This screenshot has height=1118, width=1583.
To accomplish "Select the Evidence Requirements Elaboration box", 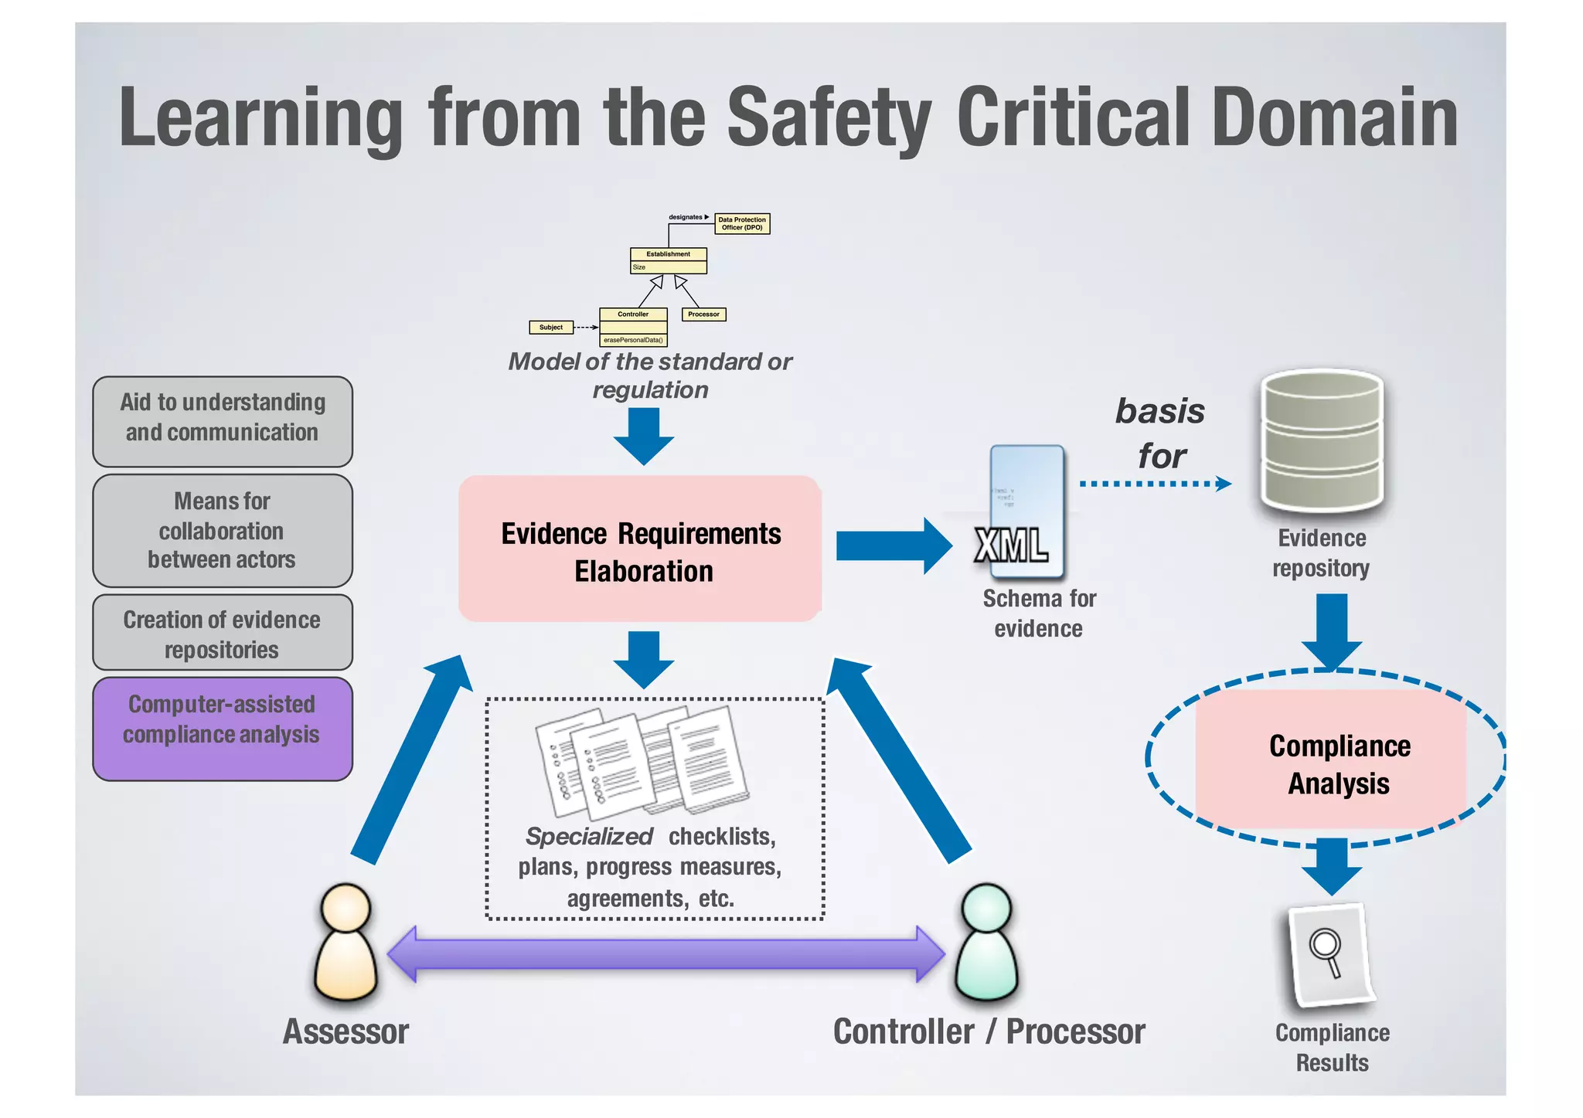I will pyautogui.click(x=640, y=549).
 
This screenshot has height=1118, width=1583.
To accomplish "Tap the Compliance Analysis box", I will pyautogui.click(x=1331, y=760).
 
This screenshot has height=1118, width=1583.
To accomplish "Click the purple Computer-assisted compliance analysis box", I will pyautogui.click(x=223, y=729).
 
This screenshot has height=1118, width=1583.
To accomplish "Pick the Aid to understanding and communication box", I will pyautogui.click(x=223, y=421).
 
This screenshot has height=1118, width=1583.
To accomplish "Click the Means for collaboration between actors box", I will pyautogui.click(x=223, y=531).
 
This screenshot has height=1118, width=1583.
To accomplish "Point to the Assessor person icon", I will pyautogui.click(x=346, y=942).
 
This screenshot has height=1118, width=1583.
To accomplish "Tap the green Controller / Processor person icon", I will pyautogui.click(x=986, y=942).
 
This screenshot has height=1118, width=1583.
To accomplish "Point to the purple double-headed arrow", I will pyautogui.click(x=666, y=954).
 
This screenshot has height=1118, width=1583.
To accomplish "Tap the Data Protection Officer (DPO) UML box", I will pyautogui.click(x=742, y=224).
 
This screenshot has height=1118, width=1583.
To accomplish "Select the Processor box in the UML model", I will pyautogui.click(x=703, y=314).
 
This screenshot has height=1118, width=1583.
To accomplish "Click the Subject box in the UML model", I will pyautogui.click(x=551, y=328).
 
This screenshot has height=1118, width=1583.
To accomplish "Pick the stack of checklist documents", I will pyautogui.click(x=642, y=761).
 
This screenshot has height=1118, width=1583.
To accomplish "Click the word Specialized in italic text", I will pyautogui.click(x=589, y=836).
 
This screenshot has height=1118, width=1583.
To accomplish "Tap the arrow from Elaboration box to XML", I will pyautogui.click(x=893, y=546).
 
